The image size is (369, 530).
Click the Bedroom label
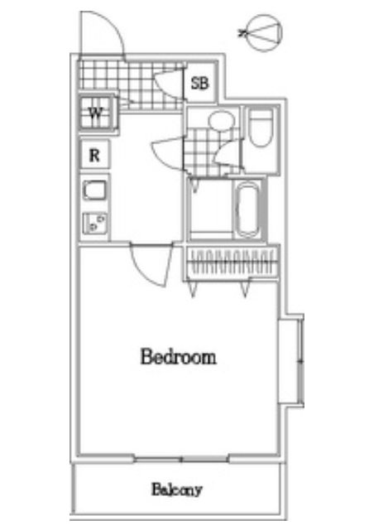tap(178, 357)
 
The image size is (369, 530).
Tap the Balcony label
tap(176, 489)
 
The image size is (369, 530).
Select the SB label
tap(200, 83)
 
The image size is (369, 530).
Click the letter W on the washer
tap(95, 113)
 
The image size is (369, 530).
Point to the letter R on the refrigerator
tap(94, 155)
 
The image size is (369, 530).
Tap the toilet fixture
tap(261, 128)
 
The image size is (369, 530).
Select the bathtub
tap(247, 210)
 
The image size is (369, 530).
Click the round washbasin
tap(221, 120)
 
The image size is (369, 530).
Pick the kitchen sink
tap(95, 190)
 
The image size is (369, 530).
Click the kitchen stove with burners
tap(95, 223)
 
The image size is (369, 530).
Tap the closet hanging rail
tap(232, 263)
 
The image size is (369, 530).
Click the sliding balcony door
tap(182, 459)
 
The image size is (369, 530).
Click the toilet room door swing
tap(229, 152)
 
